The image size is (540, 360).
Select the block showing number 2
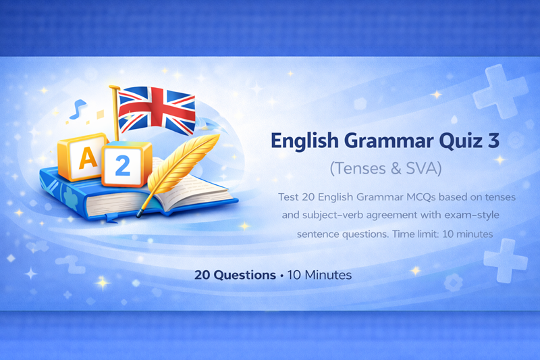tap(122, 165)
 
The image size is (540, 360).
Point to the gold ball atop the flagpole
tap(113, 88)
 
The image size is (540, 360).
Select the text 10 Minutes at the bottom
tap(320, 276)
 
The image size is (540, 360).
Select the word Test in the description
tap(290, 197)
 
